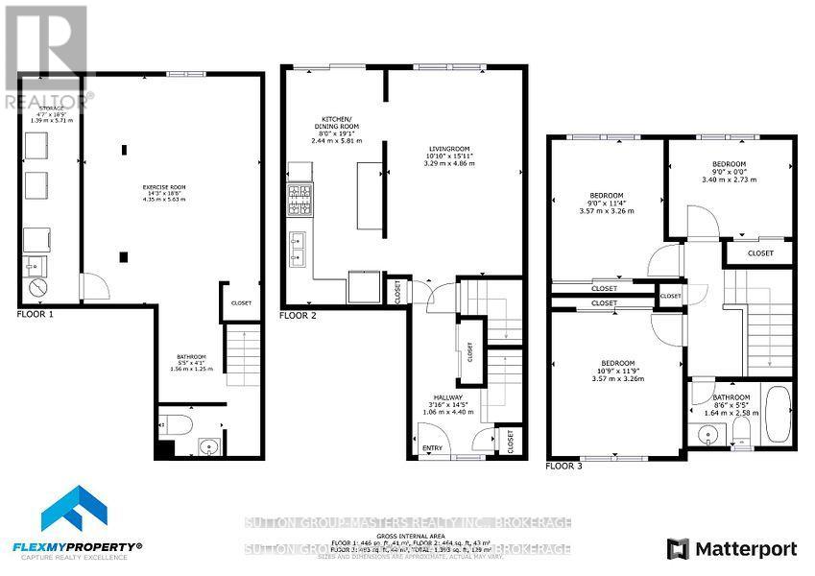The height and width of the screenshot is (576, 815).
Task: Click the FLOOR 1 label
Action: point(36,315)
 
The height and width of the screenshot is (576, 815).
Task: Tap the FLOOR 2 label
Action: point(298,315)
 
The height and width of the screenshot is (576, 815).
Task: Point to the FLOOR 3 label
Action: point(563,466)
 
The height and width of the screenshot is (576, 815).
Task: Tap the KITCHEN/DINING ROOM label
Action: point(334,127)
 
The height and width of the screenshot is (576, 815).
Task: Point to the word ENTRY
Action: point(433,446)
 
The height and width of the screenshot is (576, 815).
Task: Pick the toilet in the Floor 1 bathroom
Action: point(179,423)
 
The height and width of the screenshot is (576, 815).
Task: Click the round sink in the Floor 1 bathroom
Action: point(208,445)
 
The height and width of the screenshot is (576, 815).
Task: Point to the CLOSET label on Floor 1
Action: point(241,302)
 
